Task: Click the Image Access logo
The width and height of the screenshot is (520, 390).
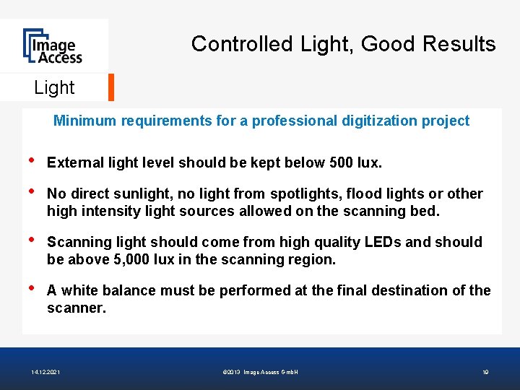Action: (x=52, y=45)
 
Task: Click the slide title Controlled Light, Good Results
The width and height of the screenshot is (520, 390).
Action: (x=343, y=44)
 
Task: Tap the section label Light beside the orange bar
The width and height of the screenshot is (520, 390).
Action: (x=54, y=87)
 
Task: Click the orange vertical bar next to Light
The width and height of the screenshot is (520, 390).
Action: (x=111, y=87)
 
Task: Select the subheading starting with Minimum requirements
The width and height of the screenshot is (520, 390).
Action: (x=261, y=121)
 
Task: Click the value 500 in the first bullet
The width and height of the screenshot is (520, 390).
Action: (x=342, y=162)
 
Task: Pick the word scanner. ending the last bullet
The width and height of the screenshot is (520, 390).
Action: (x=76, y=308)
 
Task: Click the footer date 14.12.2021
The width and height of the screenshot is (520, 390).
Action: (x=45, y=372)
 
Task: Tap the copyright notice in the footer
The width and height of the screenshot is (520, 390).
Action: (x=261, y=372)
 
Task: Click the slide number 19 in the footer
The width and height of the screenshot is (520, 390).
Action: (x=485, y=372)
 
